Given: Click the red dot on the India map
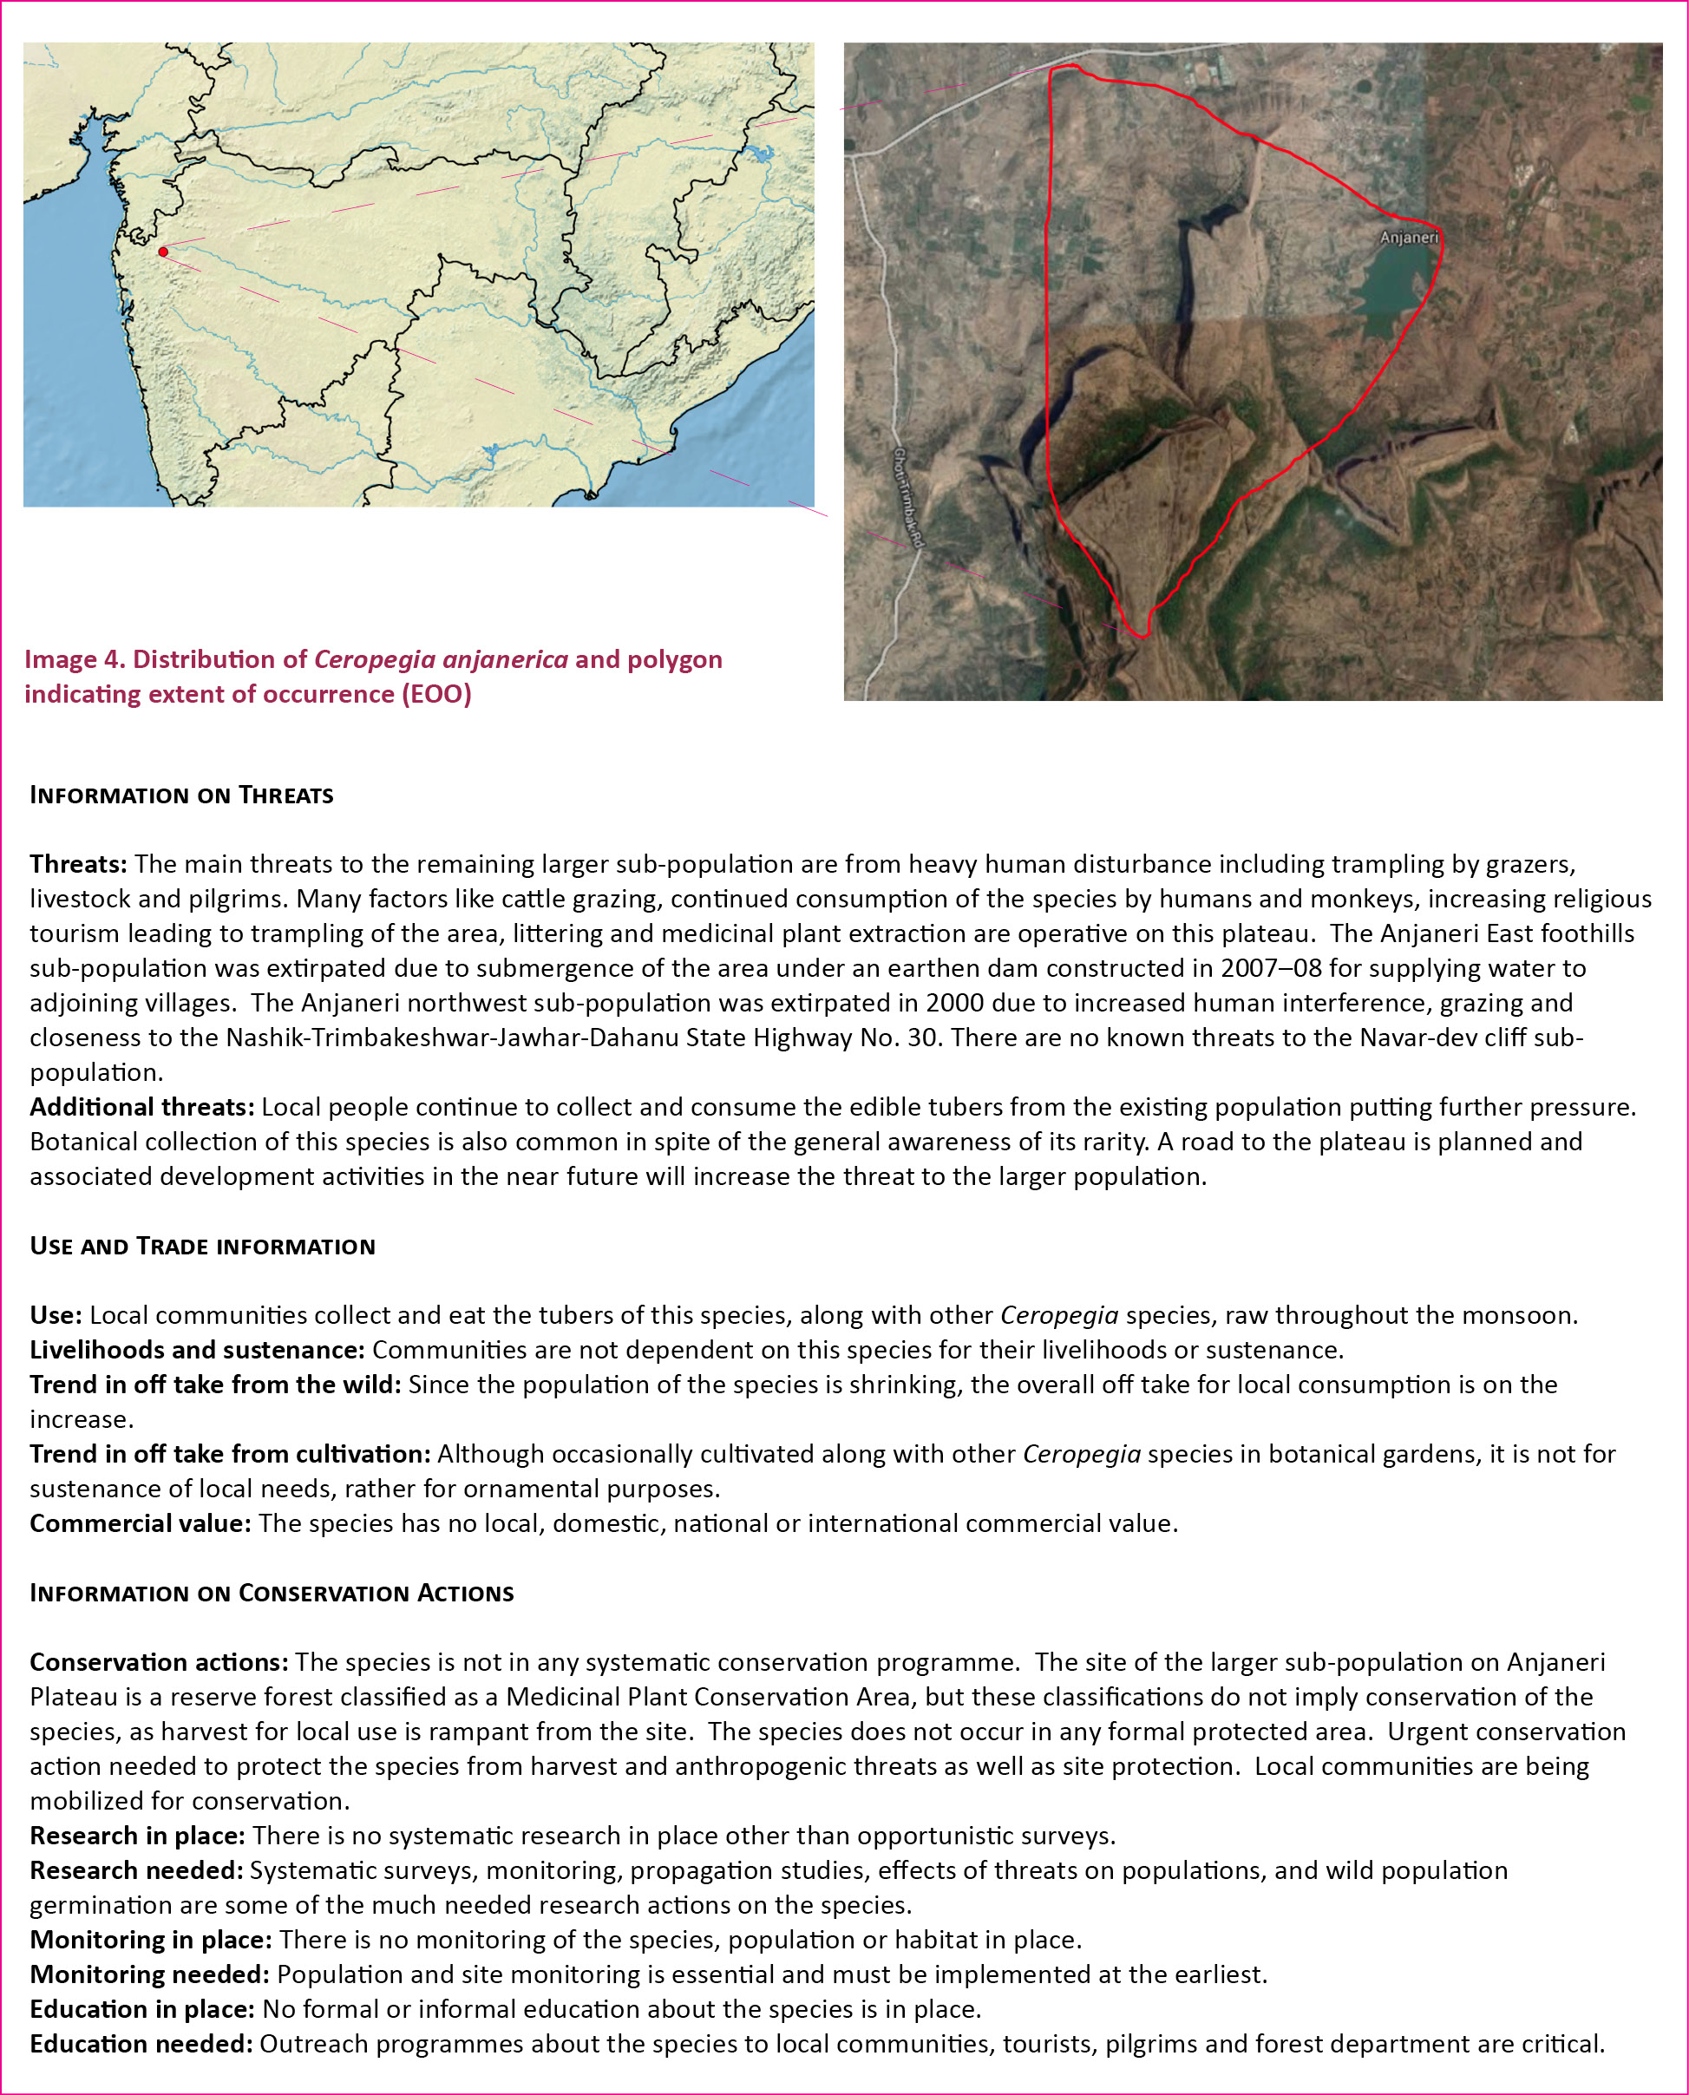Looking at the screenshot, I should coord(163,252).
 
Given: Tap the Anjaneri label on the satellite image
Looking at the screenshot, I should coord(1407,238).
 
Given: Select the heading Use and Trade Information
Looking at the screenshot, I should coord(202,1247).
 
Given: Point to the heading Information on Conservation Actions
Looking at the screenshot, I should coord(272,1593).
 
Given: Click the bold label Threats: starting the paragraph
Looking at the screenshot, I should coord(78,864).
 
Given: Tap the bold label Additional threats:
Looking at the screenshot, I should coord(142,1107).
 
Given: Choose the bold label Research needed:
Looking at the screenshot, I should coord(136,1870).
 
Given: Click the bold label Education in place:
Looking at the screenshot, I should coord(142,2009).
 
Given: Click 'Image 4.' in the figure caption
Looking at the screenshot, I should coord(74,660).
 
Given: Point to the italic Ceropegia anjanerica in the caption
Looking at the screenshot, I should coord(441,660).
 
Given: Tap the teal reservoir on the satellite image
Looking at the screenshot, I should coord(1391,292).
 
